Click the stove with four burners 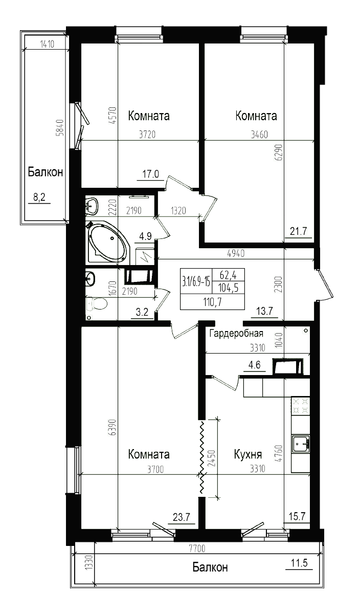pos(301,406)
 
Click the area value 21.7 pos(298,231)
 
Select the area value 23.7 pos(181,517)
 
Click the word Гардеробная pos(236,334)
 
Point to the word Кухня pos(248,454)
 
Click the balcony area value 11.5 pos(299,563)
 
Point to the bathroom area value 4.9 pos(146,236)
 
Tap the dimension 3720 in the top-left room pos(147,136)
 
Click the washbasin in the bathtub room pos(93,206)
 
